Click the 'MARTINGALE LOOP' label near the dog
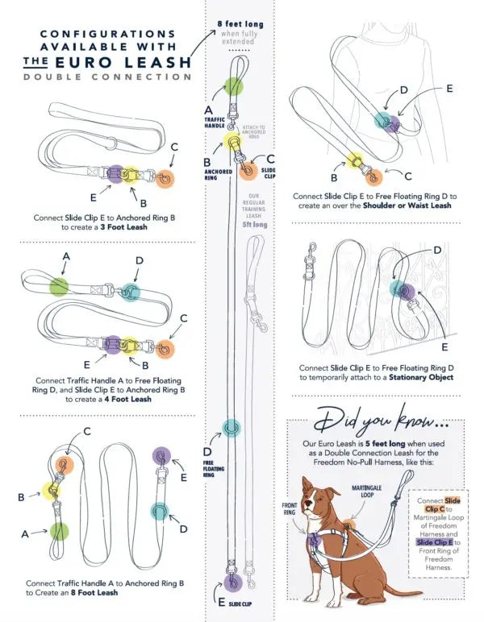(x=369, y=491)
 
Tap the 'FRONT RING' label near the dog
(x=290, y=508)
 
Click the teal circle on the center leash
(x=232, y=425)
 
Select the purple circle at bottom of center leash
(x=234, y=582)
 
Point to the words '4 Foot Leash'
(x=130, y=399)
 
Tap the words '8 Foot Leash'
(x=94, y=592)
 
